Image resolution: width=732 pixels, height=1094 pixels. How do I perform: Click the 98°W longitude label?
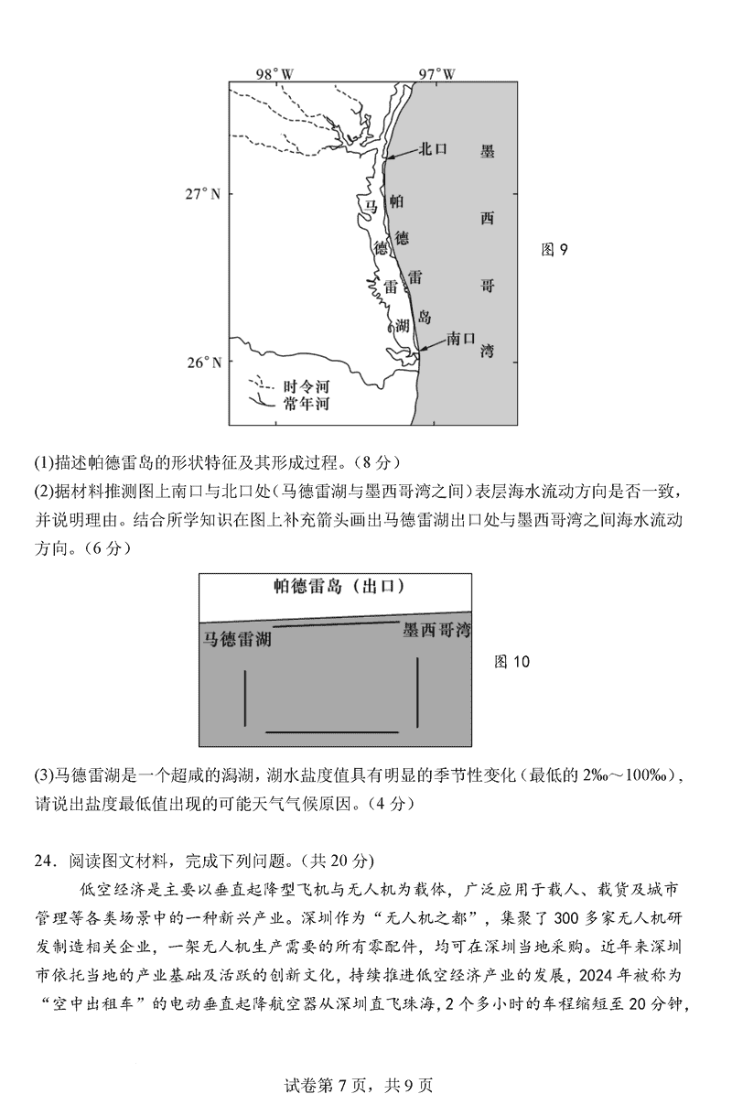[x=274, y=72]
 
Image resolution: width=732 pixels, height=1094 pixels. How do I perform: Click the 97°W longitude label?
[x=436, y=72]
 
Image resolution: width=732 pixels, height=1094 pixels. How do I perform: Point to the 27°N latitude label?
[x=203, y=194]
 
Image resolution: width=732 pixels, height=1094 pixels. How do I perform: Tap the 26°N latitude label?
[x=203, y=363]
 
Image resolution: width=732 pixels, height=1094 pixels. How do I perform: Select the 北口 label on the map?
[x=432, y=150]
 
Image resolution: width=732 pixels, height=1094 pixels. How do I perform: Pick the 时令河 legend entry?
[x=306, y=387]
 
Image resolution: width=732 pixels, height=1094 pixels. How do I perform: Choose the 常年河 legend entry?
[x=306, y=404]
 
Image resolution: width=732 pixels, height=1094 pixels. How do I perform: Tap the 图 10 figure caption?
[x=511, y=661]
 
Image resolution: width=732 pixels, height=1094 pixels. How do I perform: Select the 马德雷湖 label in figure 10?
[x=237, y=639]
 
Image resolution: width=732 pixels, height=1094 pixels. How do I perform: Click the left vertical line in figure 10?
[x=245, y=698]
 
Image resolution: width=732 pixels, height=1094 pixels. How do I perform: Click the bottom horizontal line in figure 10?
[x=331, y=731]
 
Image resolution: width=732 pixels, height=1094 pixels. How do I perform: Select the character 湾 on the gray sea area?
[x=487, y=351]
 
